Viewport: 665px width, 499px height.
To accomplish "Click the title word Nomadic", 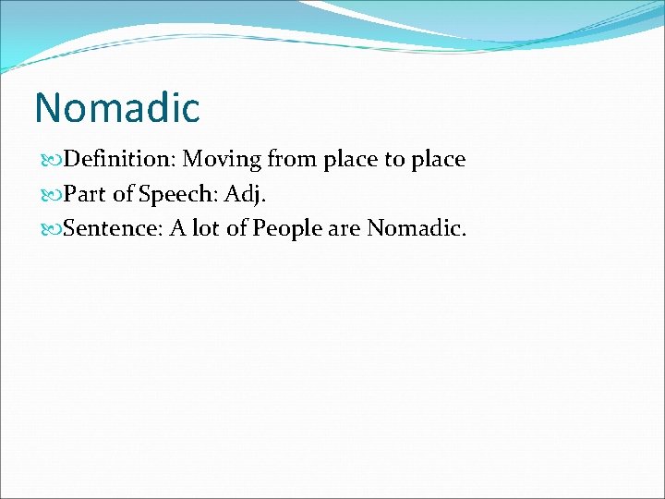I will pos(116,107).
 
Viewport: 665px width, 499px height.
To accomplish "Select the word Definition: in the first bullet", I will pos(120,160).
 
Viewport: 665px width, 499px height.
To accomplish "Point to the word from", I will pos(292,160).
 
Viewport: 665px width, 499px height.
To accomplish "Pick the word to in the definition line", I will pos(394,160).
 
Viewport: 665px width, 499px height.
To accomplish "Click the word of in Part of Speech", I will pos(124,193).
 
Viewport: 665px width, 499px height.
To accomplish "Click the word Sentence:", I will pos(115,227).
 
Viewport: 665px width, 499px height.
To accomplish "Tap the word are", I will pos(343,228).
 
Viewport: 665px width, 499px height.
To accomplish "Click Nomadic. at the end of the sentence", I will pos(417,227).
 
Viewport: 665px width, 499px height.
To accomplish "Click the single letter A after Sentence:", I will pos(177,227).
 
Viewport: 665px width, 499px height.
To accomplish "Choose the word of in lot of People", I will pos(238,227).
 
